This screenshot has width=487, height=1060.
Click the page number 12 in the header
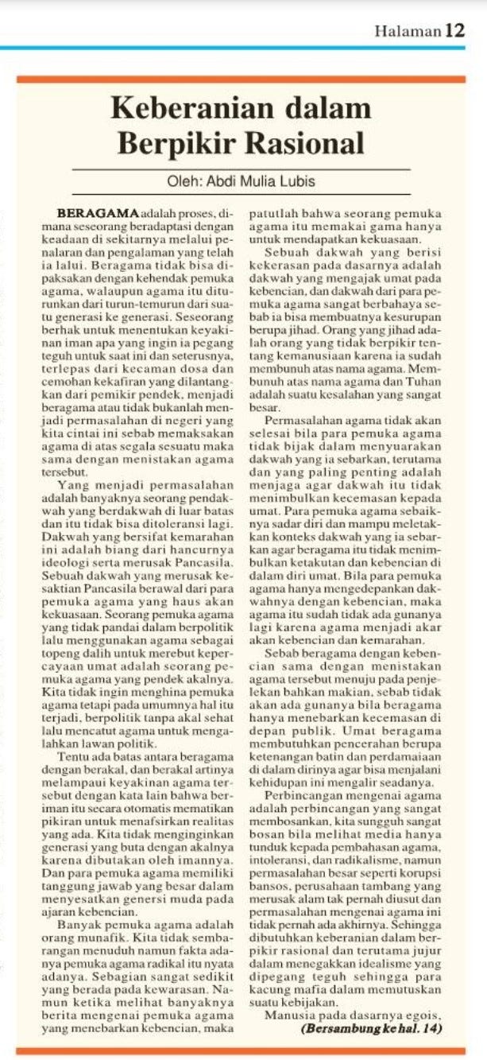pyautogui.click(x=455, y=31)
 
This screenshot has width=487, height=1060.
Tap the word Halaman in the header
pyautogui.click(x=408, y=32)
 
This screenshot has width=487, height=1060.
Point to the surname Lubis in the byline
pyautogui.click(x=298, y=181)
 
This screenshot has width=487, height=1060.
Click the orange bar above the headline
pyautogui.click(x=241, y=79)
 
